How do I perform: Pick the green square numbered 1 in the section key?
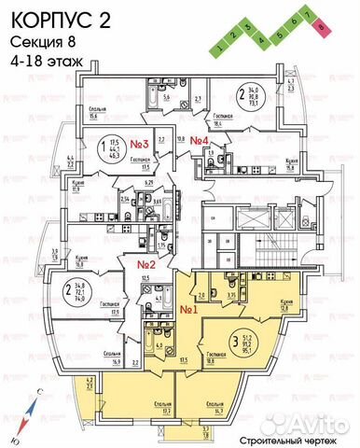[220, 43]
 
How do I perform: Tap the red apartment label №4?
[197, 140]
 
